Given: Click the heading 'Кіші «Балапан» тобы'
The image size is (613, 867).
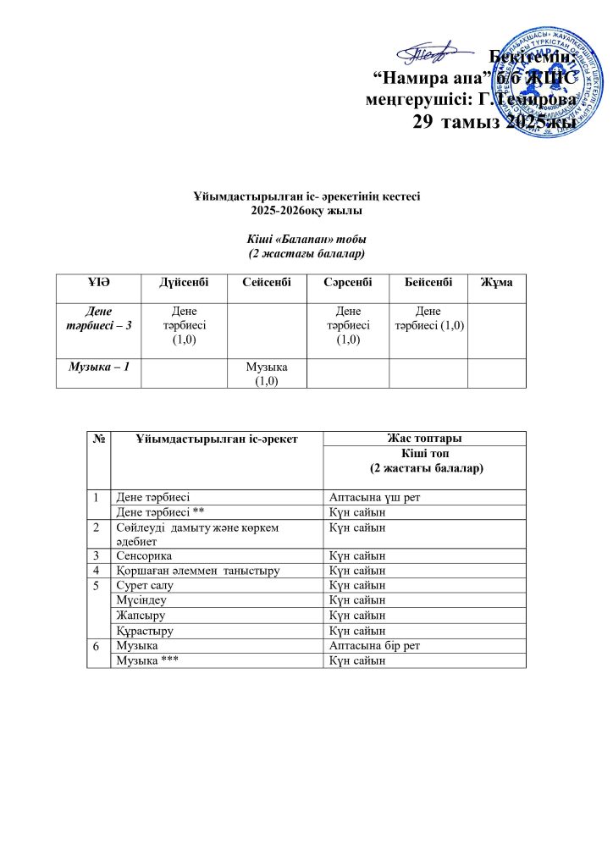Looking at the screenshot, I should (x=306, y=239).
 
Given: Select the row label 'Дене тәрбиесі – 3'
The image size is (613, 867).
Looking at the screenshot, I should (x=98, y=319).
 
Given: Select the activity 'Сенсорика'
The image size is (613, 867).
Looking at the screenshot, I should (x=144, y=555).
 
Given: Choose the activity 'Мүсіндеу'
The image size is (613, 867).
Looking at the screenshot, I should (x=141, y=599).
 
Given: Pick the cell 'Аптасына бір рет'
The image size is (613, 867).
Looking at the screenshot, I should (x=374, y=646).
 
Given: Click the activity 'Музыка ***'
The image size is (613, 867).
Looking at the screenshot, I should (x=147, y=660).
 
